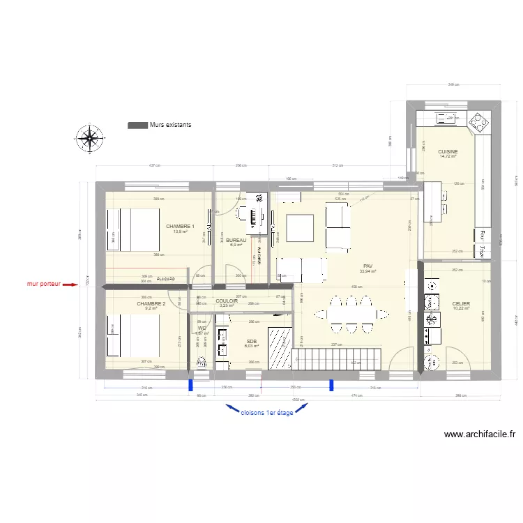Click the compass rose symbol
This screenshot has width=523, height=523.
point(89,137)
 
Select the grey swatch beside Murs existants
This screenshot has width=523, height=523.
point(137,126)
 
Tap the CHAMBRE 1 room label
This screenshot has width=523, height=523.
point(180,227)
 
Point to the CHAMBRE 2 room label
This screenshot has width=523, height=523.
point(151,304)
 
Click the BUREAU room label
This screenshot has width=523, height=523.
point(234,241)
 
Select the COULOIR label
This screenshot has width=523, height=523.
point(227,301)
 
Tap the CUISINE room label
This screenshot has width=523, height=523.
point(448,152)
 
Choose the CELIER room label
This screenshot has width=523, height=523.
point(461,304)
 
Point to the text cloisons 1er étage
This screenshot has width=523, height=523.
point(266,413)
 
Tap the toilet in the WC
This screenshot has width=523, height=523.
point(202,363)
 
